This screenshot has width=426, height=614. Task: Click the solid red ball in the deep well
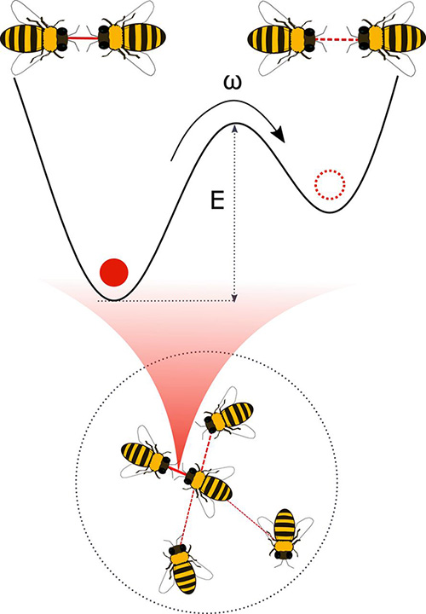pos(114,272)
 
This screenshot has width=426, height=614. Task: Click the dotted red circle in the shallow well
pos(331,183)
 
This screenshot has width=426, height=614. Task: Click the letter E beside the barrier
pos(217,201)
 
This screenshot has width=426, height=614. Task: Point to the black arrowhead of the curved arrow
pos(279,135)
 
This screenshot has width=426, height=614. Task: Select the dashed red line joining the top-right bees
pos(337,39)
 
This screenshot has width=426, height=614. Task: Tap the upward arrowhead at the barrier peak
pos(234,129)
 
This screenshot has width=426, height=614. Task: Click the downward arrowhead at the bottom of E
pos(234,298)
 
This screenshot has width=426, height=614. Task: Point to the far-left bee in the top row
pos(40,38)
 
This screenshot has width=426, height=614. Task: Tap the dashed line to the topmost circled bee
pos(207,449)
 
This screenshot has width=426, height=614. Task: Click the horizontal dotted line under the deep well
pos(165,301)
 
